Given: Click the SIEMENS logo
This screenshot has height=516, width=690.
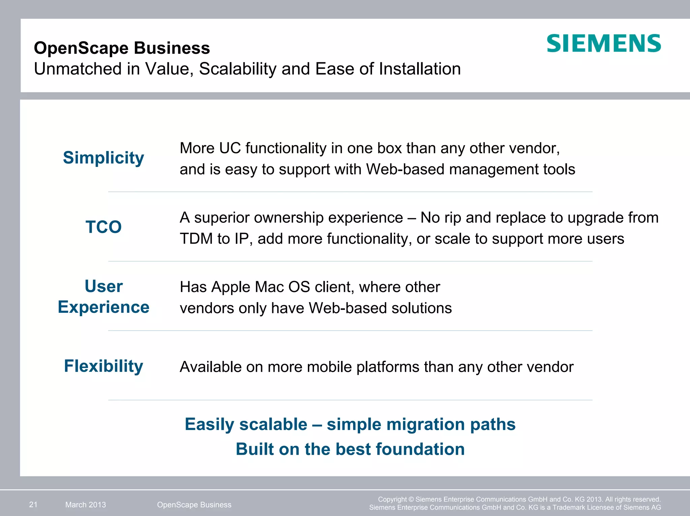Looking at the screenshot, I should tap(603, 43).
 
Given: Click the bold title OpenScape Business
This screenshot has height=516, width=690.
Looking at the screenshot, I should tap(122, 48).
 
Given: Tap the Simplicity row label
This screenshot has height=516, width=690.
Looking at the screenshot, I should tap(103, 157).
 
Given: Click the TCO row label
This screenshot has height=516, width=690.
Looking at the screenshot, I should tap(103, 227).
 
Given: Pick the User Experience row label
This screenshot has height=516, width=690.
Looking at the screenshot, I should tap(103, 297).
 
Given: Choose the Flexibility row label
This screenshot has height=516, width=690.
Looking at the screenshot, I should tap(103, 366).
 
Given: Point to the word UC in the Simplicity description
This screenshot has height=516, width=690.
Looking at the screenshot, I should tap(230, 148).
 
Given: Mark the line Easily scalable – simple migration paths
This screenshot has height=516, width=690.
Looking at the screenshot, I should tap(350, 424).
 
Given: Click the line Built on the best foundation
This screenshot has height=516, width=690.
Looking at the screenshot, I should tap(350, 449).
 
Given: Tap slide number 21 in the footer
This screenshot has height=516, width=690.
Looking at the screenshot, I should tap(33, 505).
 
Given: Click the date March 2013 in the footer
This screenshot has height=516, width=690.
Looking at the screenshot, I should tap(86, 505).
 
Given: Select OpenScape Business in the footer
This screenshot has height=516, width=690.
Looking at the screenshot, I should tap(194, 505).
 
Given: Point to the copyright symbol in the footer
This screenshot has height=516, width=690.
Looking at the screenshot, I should tap(411, 500).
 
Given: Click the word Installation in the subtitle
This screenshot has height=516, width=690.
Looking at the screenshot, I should tap(419, 69).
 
